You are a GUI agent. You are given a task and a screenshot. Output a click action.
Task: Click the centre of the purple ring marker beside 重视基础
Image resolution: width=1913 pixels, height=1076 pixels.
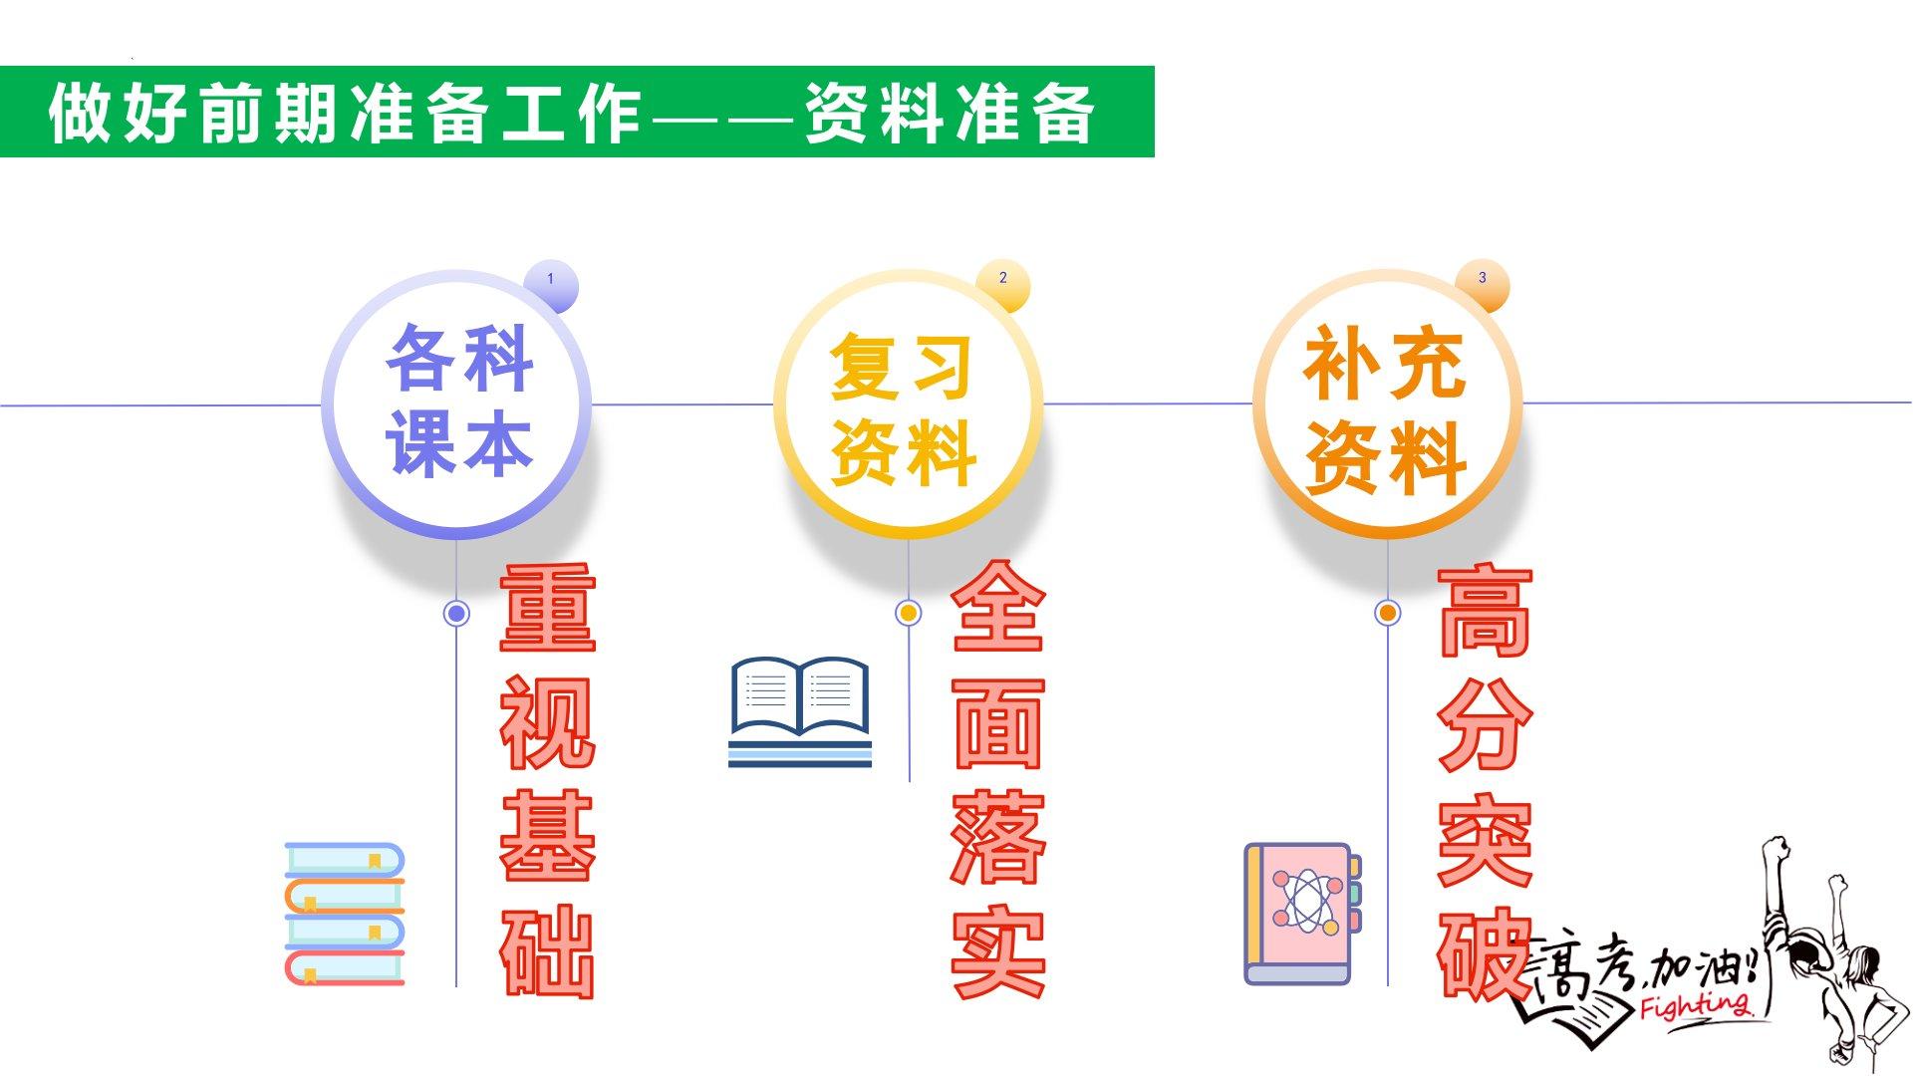tap(456, 613)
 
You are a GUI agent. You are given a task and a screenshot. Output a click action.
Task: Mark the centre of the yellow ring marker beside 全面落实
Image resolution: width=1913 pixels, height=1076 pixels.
tap(908, 612)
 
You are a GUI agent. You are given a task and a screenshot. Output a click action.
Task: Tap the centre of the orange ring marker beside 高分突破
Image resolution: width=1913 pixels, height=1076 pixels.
tap(1387, 612)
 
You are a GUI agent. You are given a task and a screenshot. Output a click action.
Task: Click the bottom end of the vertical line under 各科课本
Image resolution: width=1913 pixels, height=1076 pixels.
tap(456, 986)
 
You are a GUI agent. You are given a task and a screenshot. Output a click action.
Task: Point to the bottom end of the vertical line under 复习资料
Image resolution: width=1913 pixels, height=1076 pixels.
tap(909, 781)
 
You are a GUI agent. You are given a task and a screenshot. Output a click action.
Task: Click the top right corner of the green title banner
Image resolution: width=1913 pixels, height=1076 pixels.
tap(1154, 67)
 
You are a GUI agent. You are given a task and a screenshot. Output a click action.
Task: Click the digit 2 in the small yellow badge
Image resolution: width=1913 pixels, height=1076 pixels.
tap(1002, 278)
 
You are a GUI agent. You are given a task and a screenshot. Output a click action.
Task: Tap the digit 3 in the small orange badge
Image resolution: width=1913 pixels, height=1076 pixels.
tap(1482, 278)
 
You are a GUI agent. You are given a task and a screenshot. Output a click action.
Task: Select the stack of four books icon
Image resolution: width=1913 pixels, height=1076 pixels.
tap(345, 915)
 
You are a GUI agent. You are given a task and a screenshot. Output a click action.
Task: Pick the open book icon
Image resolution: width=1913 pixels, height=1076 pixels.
tap(800, 711)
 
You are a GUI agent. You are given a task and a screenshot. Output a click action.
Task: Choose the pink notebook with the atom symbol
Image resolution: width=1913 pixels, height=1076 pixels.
tap(1302, 915)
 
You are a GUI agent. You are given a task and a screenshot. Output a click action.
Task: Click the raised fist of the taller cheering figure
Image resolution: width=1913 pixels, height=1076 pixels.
tap(1774, 849)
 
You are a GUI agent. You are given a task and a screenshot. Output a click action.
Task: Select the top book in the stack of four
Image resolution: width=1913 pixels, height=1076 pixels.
tap(345, 860)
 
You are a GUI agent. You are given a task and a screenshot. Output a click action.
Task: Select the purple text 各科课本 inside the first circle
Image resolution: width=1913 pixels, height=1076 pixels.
tap(459, 400)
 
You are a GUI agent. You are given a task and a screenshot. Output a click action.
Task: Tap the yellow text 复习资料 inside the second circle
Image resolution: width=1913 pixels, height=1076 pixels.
tap(903, 409)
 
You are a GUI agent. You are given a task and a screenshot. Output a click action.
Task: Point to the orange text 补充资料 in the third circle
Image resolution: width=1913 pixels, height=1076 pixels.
tap(1385, 409)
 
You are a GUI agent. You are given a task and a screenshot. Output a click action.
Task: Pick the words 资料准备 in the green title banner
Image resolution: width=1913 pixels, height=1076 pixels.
tap(950, 112)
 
